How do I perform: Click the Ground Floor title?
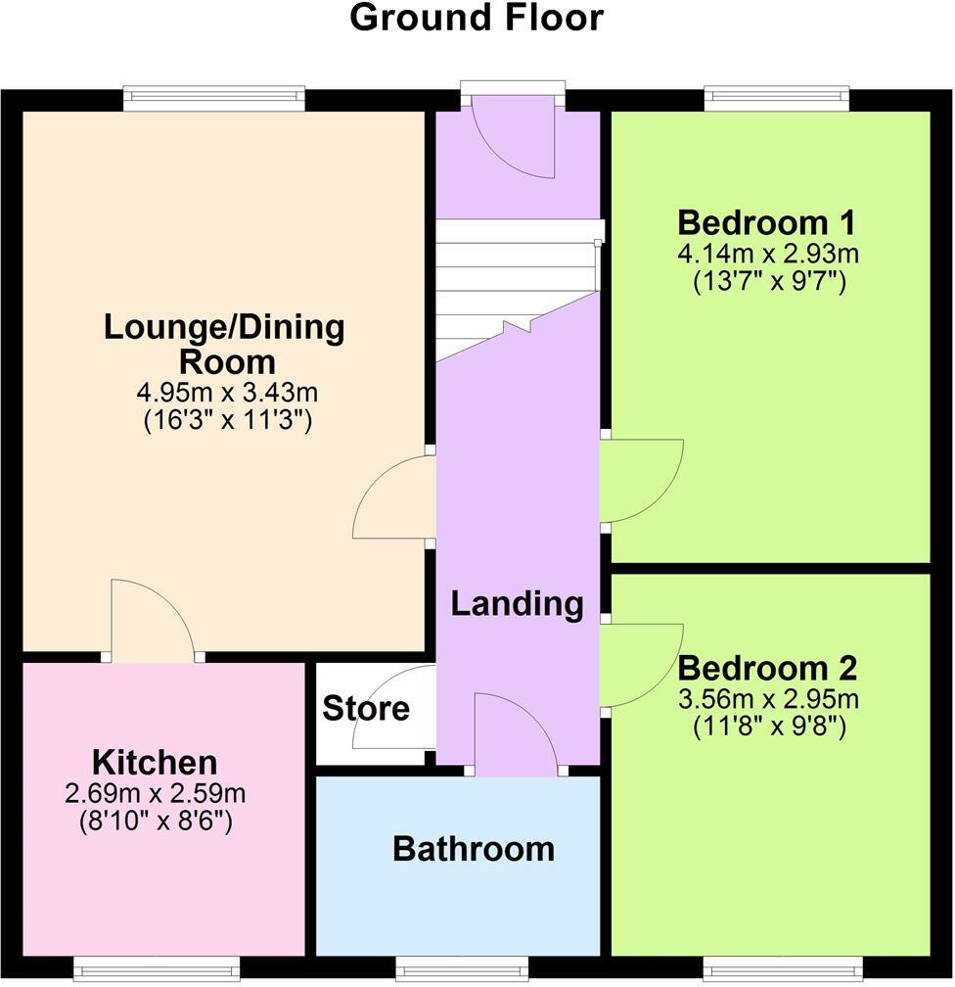[477, 19]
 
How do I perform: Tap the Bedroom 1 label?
[767, 220]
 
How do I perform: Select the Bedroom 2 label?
[767, 669]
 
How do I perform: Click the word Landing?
[517, 604]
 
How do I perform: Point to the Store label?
[365, 708]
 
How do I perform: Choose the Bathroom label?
[474, 849]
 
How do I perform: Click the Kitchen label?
[155, 762]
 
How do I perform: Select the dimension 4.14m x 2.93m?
[767, 255]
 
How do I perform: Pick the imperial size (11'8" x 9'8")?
[767, 728]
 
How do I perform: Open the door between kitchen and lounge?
[152, 622]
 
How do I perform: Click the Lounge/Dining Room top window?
[214, 96]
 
